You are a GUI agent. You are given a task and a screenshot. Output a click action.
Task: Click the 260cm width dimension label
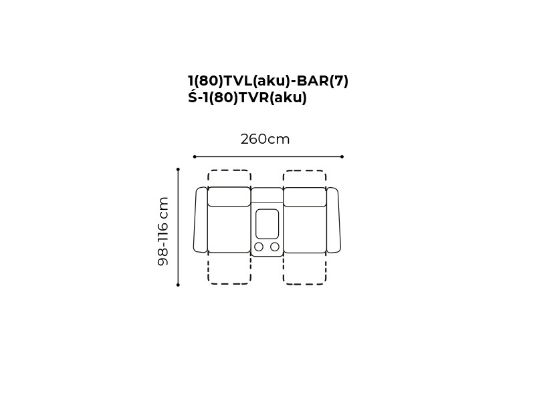pyautogui.click(x=265, y=139)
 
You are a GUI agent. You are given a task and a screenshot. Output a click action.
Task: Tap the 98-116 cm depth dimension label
pyautogui.click(x=163, y=231)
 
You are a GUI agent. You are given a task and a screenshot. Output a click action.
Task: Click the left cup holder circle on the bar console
pyautogui.click(x=259, y=247)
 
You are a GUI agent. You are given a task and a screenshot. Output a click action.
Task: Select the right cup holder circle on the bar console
pyautogui.click(x=275, y=247)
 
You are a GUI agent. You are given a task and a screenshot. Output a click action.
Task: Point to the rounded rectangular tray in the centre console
pyautogui.click(x=267, y=224)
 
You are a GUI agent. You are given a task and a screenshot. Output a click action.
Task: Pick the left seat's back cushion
pyautogui.click(x=229, y=196)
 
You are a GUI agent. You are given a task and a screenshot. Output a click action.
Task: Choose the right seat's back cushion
pyautogui.click(x=305, y=196)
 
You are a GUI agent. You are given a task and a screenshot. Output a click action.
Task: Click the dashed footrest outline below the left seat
pyautogui.click(x=229, y=283)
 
